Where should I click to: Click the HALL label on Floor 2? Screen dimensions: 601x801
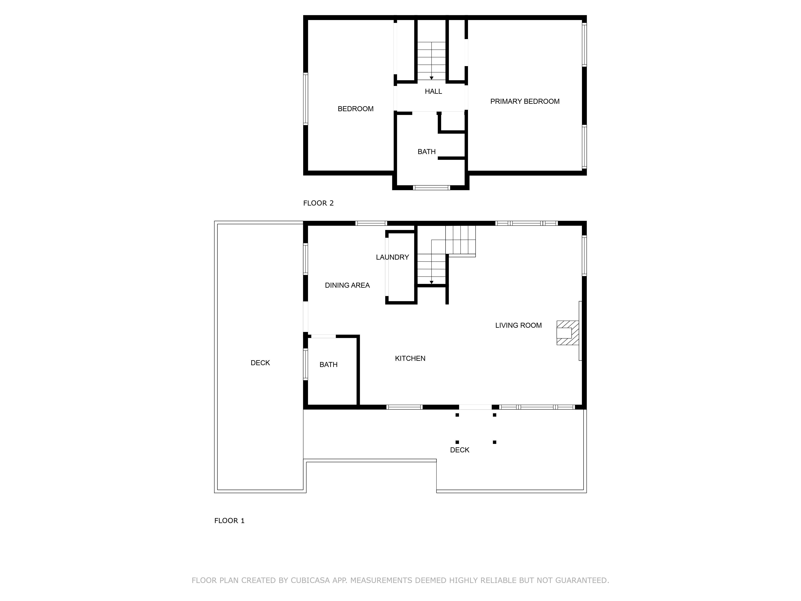click(x=433, y=91)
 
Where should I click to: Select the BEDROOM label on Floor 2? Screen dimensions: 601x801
click(x=355, y=109)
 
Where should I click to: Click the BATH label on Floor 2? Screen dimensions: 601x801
click(x=426, y=151)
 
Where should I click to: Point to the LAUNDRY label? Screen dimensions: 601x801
click(x=392, y=257)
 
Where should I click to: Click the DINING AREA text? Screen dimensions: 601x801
click(x=347, y=285)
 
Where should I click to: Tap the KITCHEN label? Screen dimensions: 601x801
click(x=410, y=358)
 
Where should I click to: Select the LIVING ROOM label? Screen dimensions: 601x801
click(x=518, y=325)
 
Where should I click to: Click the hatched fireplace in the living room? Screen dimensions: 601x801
click(x=567, y=333)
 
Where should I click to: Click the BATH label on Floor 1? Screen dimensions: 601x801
click(x=328, y=364)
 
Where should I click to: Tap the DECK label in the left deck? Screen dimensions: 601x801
click(x=260, y=363)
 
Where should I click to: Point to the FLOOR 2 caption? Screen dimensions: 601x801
click(x=318, y=203)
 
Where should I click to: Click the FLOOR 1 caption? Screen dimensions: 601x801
click(x=229, y=521)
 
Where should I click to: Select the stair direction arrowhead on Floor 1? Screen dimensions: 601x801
click(x=431, y=282)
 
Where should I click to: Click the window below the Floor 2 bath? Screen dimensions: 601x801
click(x=431, y=188)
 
